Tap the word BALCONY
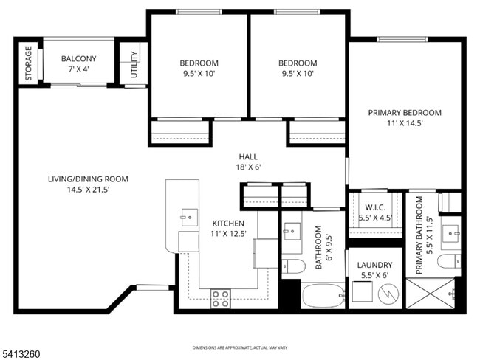tap(78, 59)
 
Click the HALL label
tap(249, 156)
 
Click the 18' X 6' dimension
tap(249, 167)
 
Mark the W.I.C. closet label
tap(376, 207)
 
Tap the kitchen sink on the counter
tap(189, 215)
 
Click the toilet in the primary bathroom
tap(448, 261)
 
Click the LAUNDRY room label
tap(374, 265)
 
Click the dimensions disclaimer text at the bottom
tap(240, 347)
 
